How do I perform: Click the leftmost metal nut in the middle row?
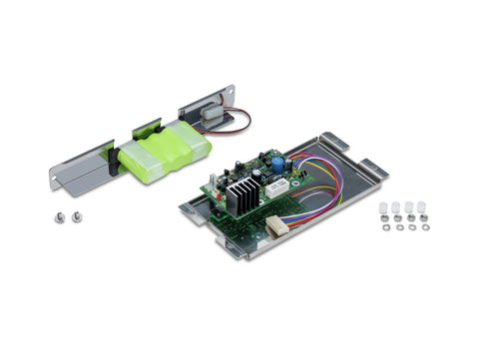coord(384,216)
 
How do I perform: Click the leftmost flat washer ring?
coord(386,227)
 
